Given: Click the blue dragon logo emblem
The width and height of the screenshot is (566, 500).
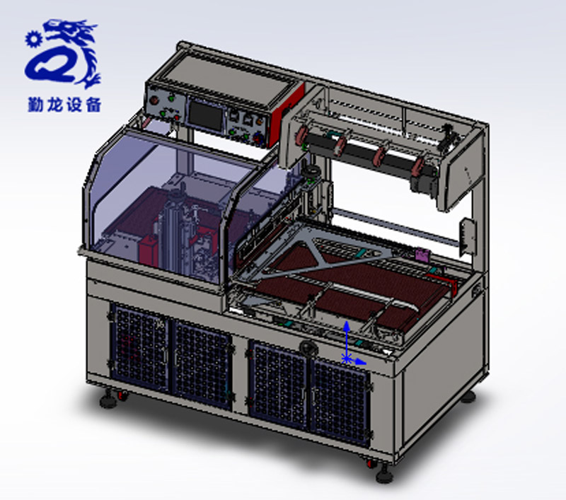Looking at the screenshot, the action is click(x=63, y=54).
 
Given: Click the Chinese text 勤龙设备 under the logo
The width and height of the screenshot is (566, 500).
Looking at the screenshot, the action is click(x=64, y=105).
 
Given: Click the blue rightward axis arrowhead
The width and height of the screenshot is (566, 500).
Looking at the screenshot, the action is click(x=361, y=361).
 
